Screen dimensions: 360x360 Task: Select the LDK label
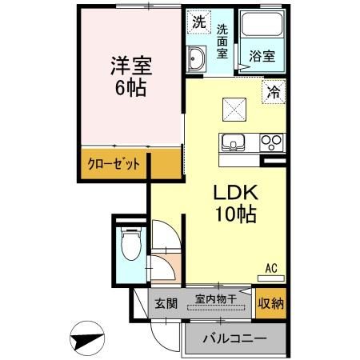[x=234, y=193]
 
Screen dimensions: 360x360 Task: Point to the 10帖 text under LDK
[x=234, y=215]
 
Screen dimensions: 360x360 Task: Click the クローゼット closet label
[x=114, y=165]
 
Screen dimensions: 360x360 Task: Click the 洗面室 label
[x=222, y=40]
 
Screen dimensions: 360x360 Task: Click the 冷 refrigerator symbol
[x=274, y=92]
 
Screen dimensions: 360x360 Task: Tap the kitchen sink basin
[x=234, y=144]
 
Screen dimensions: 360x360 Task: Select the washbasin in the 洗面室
[x=197, y=57]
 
